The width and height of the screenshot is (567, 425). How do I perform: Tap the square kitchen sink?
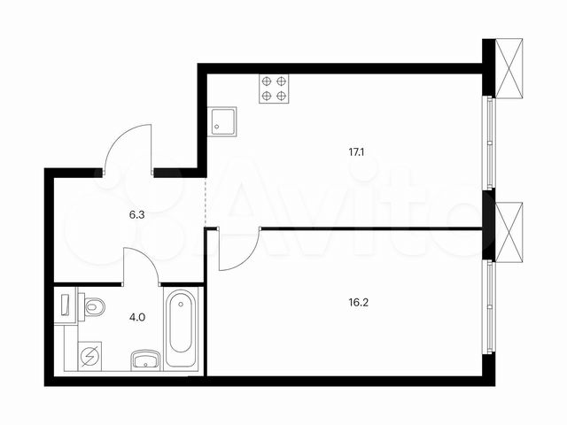pyautogui.click(x=222, y=121)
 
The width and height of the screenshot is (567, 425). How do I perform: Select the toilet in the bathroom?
pyautogui.click(x=92, y=307)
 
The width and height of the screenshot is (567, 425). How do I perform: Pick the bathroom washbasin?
pyautogui.click(x=145, y=359)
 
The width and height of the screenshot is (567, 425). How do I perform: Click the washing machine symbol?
pyautogui.click(x=90, y=357)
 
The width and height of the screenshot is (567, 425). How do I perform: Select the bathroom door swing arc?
pyautogui.click(x=140, y=266)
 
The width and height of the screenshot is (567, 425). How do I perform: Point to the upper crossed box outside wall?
pyautogui.click(x=510, y=68)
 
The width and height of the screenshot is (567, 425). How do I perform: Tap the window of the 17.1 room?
pyautogui.click(x=486, y=142)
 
